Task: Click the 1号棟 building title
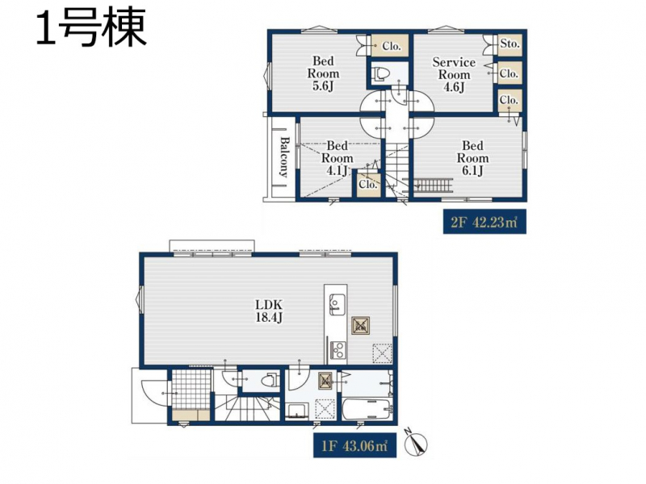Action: [91, 28]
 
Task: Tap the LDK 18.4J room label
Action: [269, 311]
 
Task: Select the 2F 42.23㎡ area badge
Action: [484, 223]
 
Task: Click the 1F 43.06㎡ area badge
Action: [354, 446]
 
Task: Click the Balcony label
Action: [284, 156]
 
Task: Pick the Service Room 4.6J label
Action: [454, 74]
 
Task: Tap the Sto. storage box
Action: [510, 44]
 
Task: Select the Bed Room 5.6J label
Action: [324, 73]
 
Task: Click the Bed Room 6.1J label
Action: [472, 158]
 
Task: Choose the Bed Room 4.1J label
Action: [337, 158]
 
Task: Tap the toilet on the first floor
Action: [269, 380]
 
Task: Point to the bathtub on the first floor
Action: [367, 409]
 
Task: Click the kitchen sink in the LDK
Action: [337, 305]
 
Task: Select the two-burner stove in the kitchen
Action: [338, 351]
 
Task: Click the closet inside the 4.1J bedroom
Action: [367, 184]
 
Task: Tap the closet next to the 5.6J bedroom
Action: [390, 46]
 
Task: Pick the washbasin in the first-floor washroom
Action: [296, 411]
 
